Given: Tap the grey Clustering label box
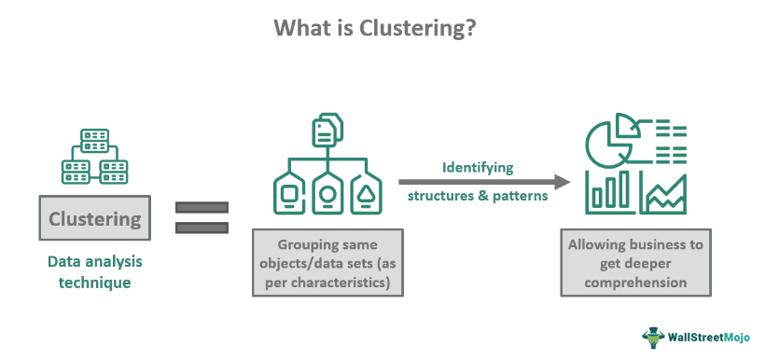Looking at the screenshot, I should [94, 221].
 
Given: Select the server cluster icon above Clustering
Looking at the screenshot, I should [94, 156].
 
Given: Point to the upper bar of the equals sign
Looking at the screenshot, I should [202, 207].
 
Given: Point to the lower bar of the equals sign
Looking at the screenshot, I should [202, 227].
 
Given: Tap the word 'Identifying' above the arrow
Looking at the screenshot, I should [478, 168].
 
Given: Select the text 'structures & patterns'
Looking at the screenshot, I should [478, 197].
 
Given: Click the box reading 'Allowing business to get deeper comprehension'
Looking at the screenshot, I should [634, 263].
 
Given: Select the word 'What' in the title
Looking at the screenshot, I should [302, 29].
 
